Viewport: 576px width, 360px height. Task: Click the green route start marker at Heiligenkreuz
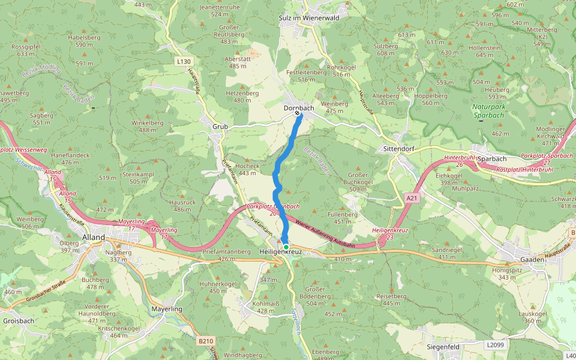click(x=286, y=247)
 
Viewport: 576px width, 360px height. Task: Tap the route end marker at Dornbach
click(x=298, y=113)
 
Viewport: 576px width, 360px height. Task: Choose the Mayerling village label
click(x=166, y=308)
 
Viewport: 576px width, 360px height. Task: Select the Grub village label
click(x=220, y=127)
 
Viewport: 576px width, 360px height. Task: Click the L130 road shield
click(x=184, y=61)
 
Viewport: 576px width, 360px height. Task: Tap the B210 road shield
click(x=205, y=341)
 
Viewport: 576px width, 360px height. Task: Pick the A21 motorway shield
click(x=411, y=197)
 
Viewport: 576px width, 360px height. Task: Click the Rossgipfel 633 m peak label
click(x=26, y=50)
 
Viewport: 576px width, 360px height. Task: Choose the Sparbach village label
click(x=492, y=158)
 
